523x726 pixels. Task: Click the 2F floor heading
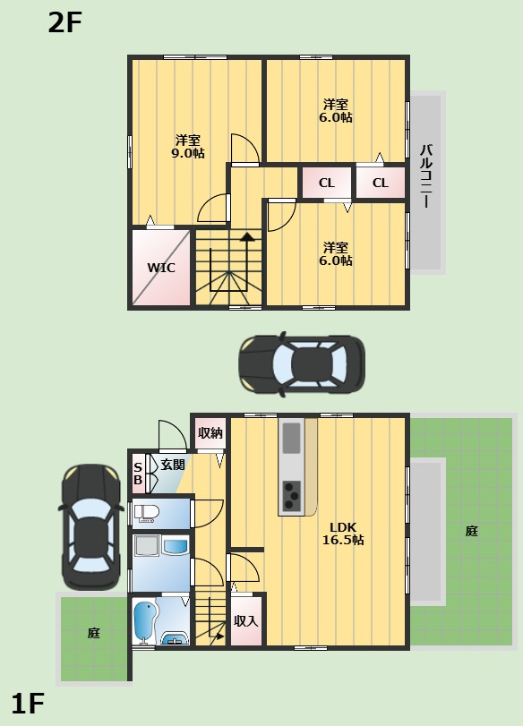64,22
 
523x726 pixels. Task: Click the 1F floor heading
28,704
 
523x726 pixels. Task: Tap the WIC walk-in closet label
161,268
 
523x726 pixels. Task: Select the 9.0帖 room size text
188,153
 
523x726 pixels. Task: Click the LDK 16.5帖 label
343,534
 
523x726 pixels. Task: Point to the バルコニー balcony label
426,176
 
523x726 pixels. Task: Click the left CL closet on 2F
327,183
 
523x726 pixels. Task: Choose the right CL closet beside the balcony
381,183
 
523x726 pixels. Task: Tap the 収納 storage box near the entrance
210,433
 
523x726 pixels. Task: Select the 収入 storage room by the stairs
246,621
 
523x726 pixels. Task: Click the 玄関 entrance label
173,465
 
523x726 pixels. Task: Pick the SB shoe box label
138,474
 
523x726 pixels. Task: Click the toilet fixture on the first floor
146,513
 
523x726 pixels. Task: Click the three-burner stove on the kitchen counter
292,494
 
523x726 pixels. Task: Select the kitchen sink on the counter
292,438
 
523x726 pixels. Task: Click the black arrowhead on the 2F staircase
247,236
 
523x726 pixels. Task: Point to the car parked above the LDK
302,363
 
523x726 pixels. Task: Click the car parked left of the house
92,526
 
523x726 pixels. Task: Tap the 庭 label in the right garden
472,531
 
